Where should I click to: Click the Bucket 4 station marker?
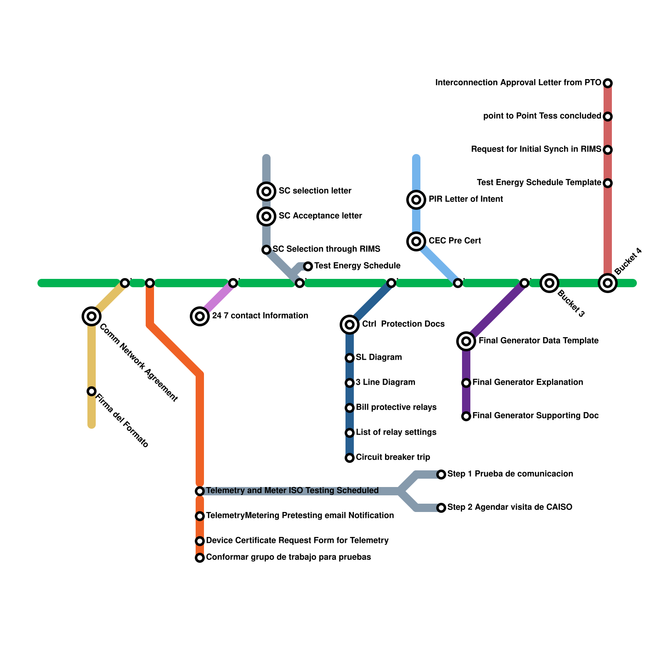[608, 283]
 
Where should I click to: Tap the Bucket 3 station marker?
[549, 283]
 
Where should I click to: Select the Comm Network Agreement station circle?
[92, 316]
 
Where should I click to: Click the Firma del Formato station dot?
[92, 391]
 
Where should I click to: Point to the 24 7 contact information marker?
[200, 316]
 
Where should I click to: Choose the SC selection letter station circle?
[266, 191]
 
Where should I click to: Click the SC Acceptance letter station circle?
[266, 216]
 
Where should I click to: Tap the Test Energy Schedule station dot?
[308, 266]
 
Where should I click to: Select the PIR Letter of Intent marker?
[416, 200]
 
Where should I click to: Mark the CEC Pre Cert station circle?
[416, 241]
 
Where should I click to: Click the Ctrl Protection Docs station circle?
[350, 325]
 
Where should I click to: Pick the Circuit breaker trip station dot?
[350, 458]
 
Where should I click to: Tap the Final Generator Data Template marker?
[466, 341]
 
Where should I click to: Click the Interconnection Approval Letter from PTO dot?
[608, 83]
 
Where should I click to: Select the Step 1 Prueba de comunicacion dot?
[441, 475]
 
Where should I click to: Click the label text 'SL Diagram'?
[379, 358]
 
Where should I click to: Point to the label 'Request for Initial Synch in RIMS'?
[536, 149]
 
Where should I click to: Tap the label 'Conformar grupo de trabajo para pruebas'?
[288, 557]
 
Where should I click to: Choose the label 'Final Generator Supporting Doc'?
[536, 416]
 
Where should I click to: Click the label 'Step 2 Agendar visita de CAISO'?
[510, 507]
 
